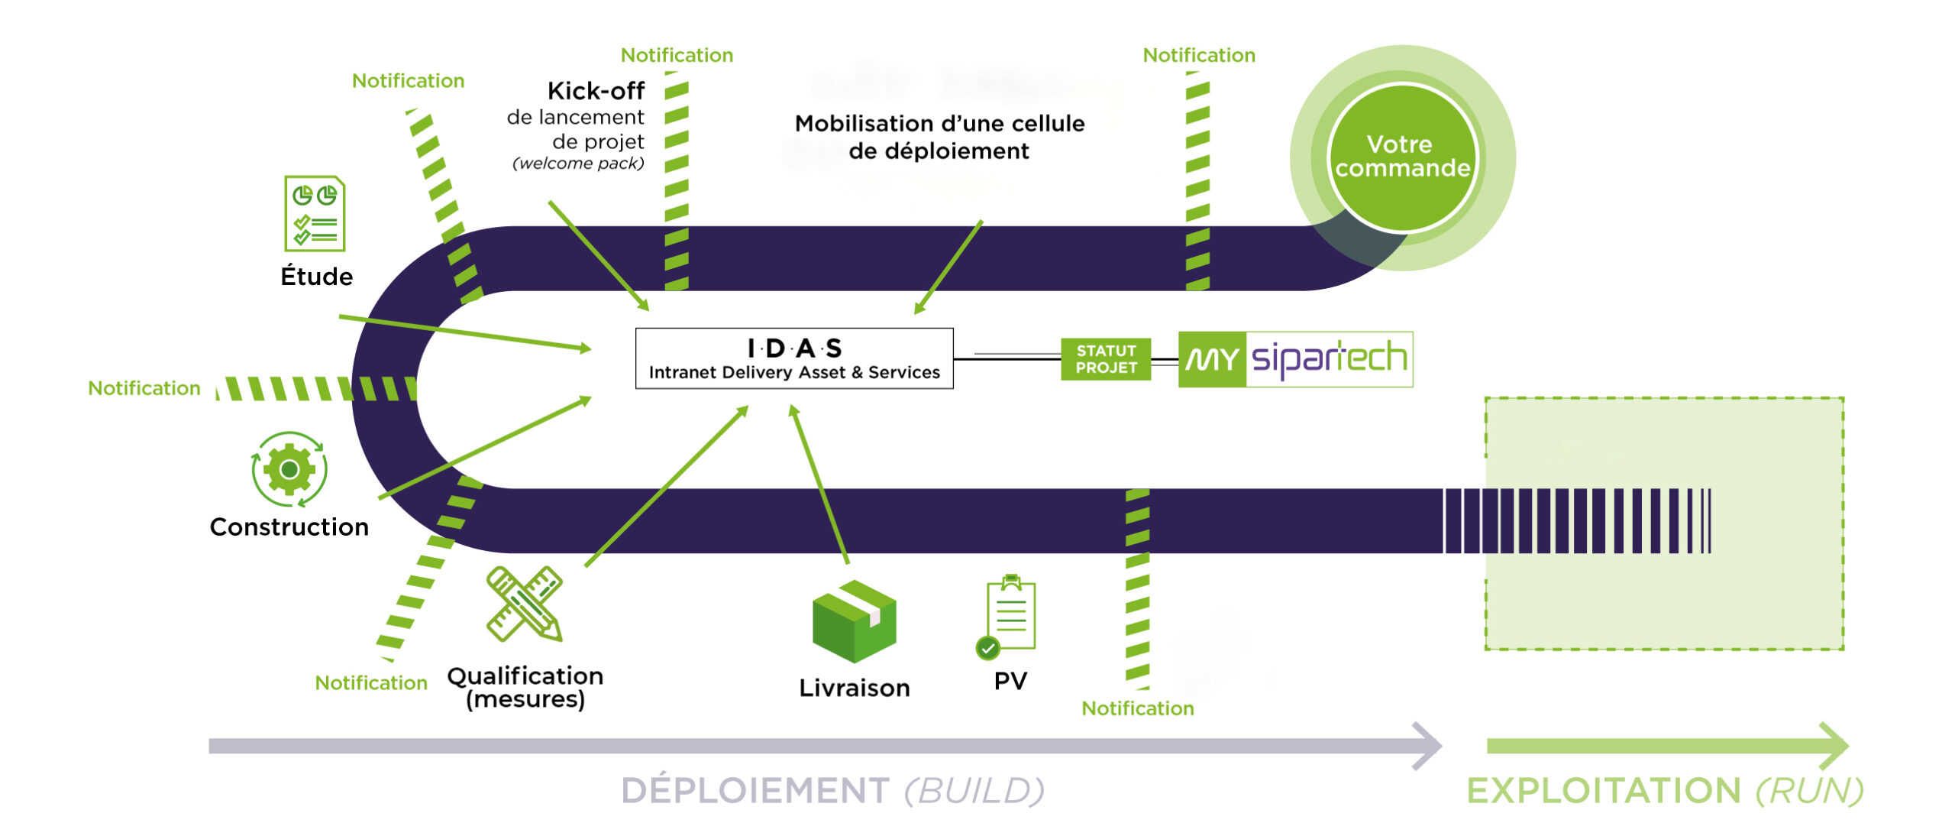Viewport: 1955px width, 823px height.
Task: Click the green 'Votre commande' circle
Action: click(1402, 157)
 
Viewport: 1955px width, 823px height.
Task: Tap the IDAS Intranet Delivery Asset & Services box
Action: click(794, 358)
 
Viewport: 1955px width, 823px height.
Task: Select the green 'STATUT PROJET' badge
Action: click(1106, 359)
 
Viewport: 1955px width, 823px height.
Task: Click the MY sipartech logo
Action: click(1295, 359)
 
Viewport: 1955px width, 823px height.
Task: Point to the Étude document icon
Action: click(315, 214)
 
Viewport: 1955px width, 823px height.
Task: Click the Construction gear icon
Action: click(289, 469)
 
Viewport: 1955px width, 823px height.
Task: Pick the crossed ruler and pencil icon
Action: click(525, 604)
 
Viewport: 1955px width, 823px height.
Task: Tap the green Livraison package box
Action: click(854, 620)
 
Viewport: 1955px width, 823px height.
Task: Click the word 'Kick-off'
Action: click(596, 91)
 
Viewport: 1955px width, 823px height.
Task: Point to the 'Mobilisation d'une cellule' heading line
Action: click(939, 123)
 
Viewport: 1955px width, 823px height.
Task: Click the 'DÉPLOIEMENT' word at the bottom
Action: click(755, 790)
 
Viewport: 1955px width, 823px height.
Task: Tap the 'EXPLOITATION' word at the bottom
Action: click(1604, 791)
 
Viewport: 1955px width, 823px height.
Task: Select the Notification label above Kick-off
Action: click(677, 55)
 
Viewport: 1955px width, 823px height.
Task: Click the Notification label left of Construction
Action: click(144, 388)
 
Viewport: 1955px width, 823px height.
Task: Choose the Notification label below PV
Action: click(1138, 708)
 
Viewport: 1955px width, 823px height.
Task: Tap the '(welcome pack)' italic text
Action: click(578, 164)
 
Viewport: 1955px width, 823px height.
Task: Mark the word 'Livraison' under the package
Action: click(855, 688)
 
